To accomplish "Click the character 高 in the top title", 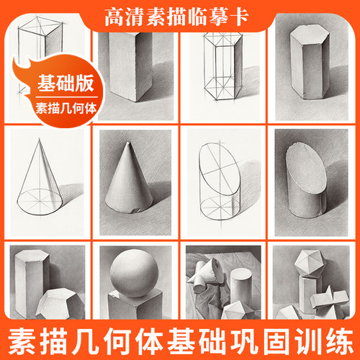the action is (114, 17).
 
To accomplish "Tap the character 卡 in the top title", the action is (238, 17).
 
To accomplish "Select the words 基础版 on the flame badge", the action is (66, 83).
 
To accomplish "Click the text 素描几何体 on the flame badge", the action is (66, 109).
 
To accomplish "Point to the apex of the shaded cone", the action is (129, 142).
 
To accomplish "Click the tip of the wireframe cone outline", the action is (39, 138).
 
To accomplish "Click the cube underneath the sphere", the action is (135, 305).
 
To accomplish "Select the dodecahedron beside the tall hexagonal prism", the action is (60, 304).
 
